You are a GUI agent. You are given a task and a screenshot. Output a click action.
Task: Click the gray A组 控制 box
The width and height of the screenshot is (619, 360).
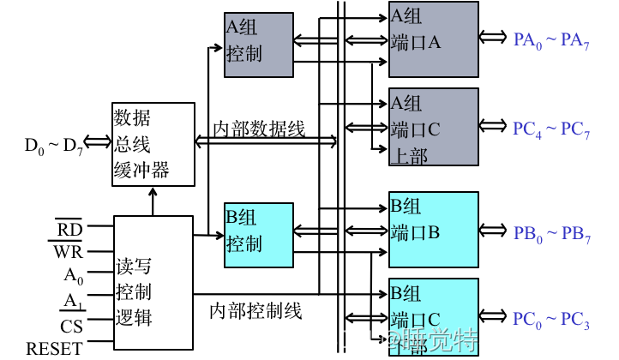(258, 45)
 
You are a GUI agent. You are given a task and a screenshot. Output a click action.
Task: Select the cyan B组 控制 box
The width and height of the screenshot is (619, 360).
(258, 235)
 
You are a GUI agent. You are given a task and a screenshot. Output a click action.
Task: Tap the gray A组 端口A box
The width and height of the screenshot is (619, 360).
(433, 39)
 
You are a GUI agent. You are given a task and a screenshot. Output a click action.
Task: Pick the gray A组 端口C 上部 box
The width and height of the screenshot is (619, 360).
(433, 126)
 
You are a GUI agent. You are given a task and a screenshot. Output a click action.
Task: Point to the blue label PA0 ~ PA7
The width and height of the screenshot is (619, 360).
(551, 40)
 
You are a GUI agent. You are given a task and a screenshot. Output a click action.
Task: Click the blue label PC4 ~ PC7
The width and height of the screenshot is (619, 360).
(551, 129)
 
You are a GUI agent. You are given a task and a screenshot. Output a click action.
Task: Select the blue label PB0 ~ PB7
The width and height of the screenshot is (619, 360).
(551, 235)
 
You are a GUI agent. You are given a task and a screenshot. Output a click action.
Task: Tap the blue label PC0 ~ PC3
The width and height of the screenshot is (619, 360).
(551, 321)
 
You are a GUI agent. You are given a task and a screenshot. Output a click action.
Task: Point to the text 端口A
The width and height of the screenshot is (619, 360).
(416, 42)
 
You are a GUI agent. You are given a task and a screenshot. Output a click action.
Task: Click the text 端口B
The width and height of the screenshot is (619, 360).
(416, 232)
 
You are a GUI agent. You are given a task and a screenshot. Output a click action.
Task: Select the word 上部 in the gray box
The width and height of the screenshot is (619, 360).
(409, 156)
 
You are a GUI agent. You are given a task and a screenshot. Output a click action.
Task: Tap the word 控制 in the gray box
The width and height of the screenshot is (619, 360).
(244, 54)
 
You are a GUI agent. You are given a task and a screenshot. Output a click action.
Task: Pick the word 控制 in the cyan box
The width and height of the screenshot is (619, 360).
(244, 244)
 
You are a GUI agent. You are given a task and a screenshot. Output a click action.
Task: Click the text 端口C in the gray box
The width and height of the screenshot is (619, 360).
(416, 130)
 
